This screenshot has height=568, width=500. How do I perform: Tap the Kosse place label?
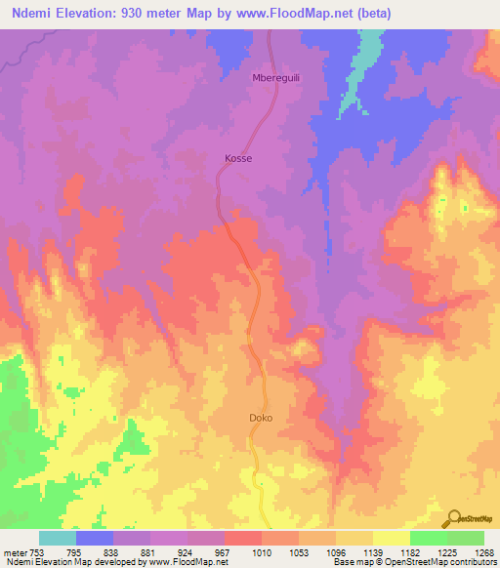coord(238,157)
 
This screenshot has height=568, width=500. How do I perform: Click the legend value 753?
coord(36,553)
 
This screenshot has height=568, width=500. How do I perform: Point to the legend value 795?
coord(74,553)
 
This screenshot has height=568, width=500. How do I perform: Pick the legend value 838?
coord(111,553)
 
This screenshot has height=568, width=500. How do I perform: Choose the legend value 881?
coord(148,553)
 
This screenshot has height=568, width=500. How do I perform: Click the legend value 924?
coord(186,553)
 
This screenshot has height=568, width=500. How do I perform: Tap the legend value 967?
coord(223,553)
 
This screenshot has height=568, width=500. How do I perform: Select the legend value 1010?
coord(261,553)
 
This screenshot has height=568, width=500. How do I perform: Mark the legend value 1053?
coord(298,553)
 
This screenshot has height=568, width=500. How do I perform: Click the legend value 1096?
coord(335,553)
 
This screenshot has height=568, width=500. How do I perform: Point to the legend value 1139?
coord(372,553)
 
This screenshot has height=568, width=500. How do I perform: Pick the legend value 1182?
coord(409,553)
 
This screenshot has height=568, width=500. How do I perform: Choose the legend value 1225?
coord(446,553)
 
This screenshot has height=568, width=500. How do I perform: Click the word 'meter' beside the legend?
coord(14,553)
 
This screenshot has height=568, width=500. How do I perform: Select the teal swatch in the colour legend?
coord(57,538)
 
